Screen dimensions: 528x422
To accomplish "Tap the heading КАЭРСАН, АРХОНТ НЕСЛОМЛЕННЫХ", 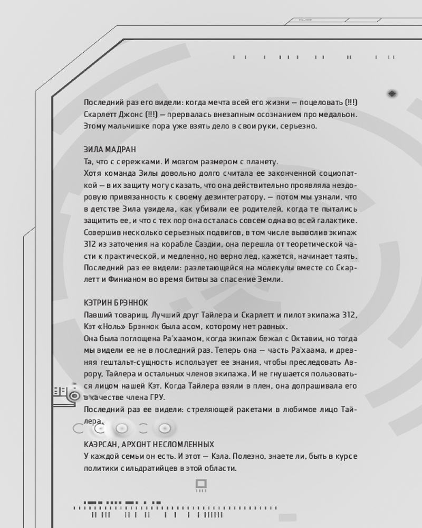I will pos(149,445).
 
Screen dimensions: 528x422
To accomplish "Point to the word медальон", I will pos(337,114).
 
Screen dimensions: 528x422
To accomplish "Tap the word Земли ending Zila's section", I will pos(271,280).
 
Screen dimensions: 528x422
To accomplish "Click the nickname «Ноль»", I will pos(113,326).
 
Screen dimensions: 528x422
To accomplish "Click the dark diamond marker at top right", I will pos(392,93).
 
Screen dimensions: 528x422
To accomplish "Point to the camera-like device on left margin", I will pos(67,394).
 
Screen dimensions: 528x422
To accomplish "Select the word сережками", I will pos(133,161).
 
